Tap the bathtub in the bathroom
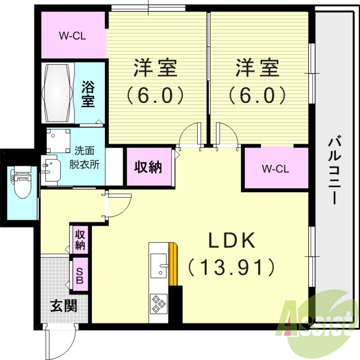(57, 92)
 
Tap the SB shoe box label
(80, 276)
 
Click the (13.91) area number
(230, 268)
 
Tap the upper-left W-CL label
(72, 36)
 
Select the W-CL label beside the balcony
(275, 169)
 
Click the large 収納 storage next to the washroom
(148, 167)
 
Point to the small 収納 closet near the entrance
(80, 239)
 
